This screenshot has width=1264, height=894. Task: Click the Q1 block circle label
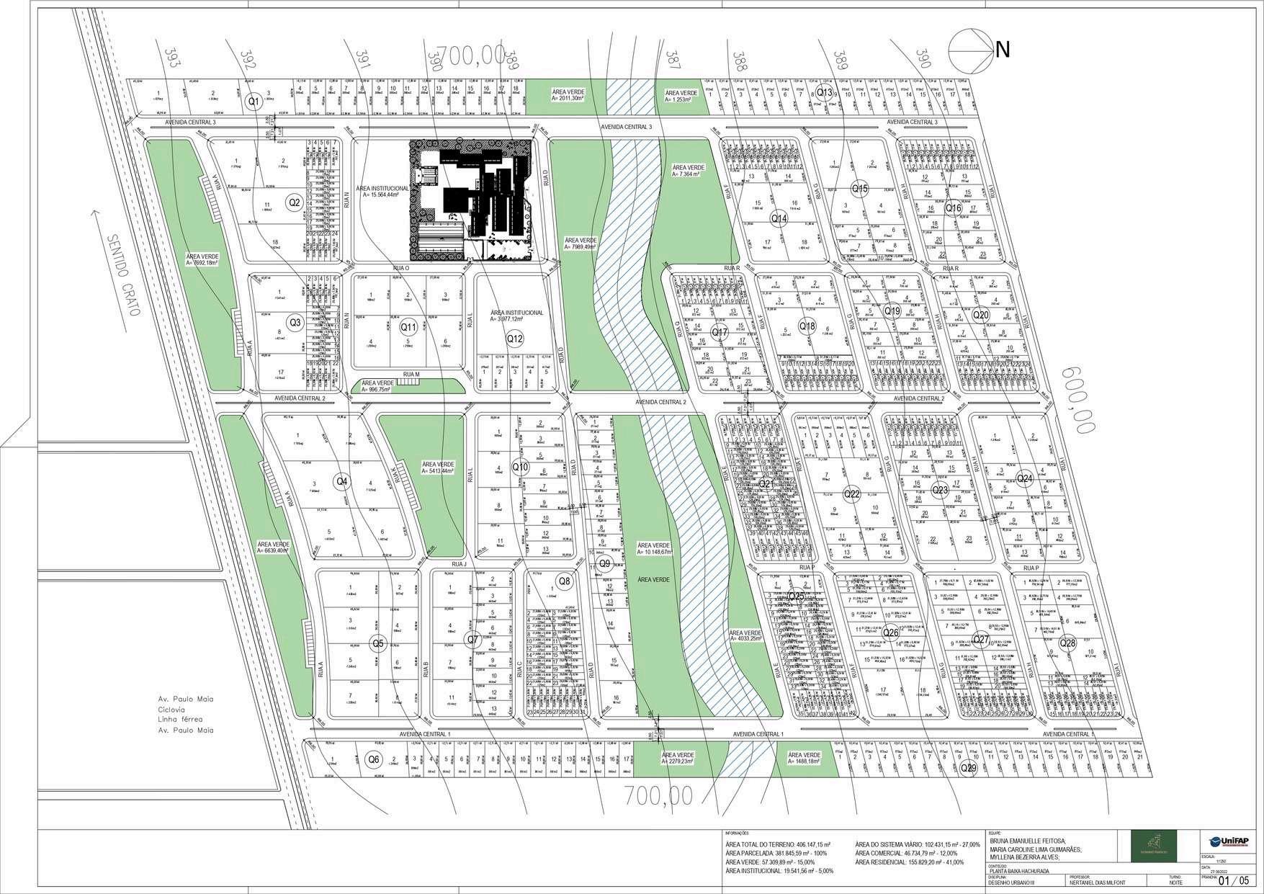[x=253, y=102]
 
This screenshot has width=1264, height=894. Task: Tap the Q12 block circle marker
[x=514, y=339]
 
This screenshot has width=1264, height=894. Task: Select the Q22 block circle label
[x=852, y=494]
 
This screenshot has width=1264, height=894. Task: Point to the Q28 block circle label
[x=1067, y=643]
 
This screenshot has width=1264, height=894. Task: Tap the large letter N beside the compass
[x=1002, y=50]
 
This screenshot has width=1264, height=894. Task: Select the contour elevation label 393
[x=171, y=58]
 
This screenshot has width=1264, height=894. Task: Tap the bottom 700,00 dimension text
[x=659, y=795]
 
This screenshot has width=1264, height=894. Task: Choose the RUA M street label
[x=411, y=374]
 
